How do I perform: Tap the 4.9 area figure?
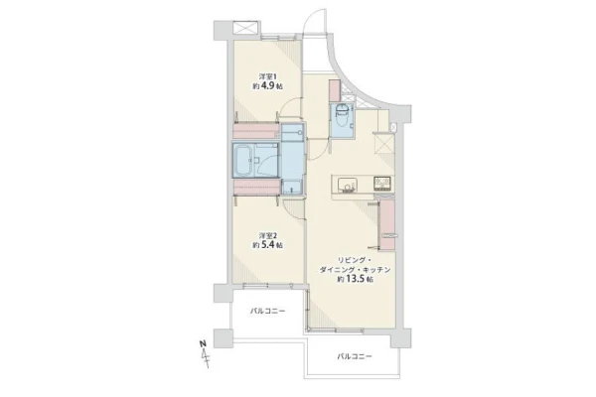[x=268, y=86]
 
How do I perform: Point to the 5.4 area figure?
[x=268, y=245]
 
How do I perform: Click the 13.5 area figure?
[x=355, y=279]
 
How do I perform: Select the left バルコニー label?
[x=267, y=311]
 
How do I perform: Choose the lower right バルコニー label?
[x=355, y=356]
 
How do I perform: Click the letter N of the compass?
[x=203, y=343]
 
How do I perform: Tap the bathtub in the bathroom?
[x=242, y=161]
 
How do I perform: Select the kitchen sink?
[x=348, y=185]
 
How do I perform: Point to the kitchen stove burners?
[x=382, y=185]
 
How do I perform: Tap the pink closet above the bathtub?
[x=256, y=130]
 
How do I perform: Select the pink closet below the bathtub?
[x=256, y=188]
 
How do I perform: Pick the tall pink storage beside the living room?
[x=387, y=224]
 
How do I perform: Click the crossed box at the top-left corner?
[x=245, y=28]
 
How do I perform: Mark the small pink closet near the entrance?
[x=336, y=90]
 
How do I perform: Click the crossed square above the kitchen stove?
[x=384, y=143]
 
